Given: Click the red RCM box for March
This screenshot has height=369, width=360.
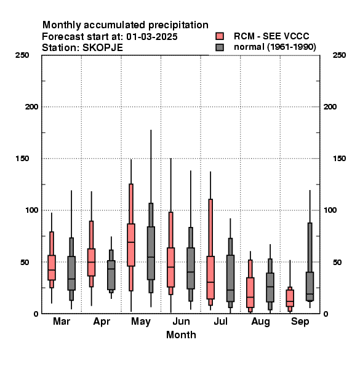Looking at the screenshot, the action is tap(52, 268).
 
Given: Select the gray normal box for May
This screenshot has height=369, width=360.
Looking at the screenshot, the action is tap(151, 253).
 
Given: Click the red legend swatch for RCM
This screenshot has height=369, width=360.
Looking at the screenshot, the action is tap(220, 36).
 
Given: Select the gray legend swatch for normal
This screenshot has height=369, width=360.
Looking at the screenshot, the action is tap(220, 47).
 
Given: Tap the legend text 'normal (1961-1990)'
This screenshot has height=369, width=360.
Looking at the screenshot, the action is tap(274, 47).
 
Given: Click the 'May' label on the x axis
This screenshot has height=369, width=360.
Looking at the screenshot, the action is tap(141, 322).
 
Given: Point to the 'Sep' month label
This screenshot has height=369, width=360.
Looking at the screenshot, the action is tap(300, 322).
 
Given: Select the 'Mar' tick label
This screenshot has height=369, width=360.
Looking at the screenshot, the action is tap(62, 321).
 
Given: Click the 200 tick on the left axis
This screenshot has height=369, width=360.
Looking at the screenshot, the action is tap(31, 107).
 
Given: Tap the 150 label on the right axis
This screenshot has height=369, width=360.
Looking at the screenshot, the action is tap(339, 159).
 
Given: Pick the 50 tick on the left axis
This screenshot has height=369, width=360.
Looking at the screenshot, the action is tap(25, 262).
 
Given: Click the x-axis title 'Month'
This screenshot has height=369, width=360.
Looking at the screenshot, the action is tap(181, 335).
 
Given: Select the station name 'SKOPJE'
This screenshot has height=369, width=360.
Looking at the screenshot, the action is tap(103, 48).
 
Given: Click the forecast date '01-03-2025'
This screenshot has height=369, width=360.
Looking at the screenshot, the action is tap(152, 37).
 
